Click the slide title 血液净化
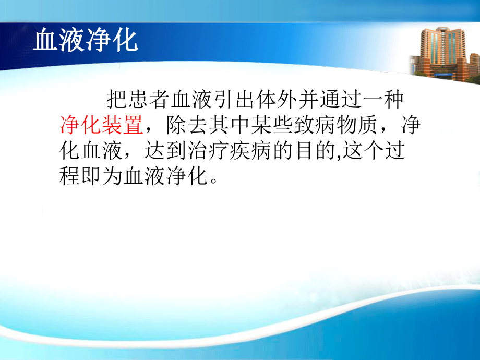(x=86, y=41)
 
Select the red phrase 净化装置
(x=101, y=125)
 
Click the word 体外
(x=271, y=99)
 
